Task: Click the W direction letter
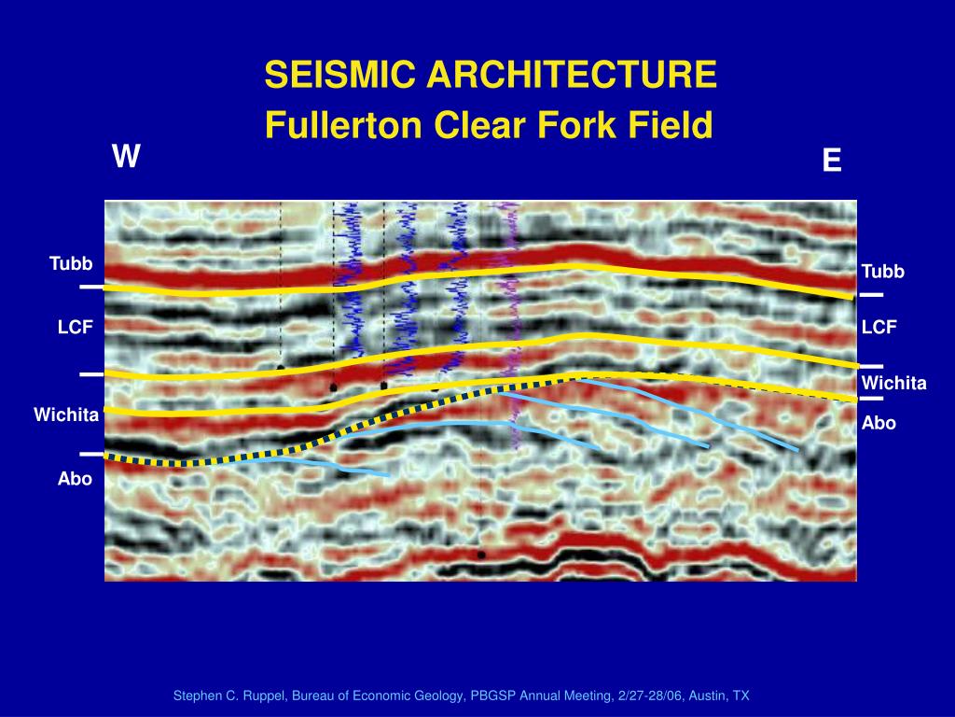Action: click(126, 157)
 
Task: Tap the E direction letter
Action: click(832, 162)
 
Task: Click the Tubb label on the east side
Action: click(882, 272)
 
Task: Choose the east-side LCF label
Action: click(879, 328)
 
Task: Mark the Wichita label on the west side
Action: click(66, 415)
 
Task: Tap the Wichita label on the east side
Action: click(893, 384)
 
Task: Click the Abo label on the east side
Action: click(879, 423)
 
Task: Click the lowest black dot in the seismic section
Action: click(481, 555)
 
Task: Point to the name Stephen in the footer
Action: click(197, 696)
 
